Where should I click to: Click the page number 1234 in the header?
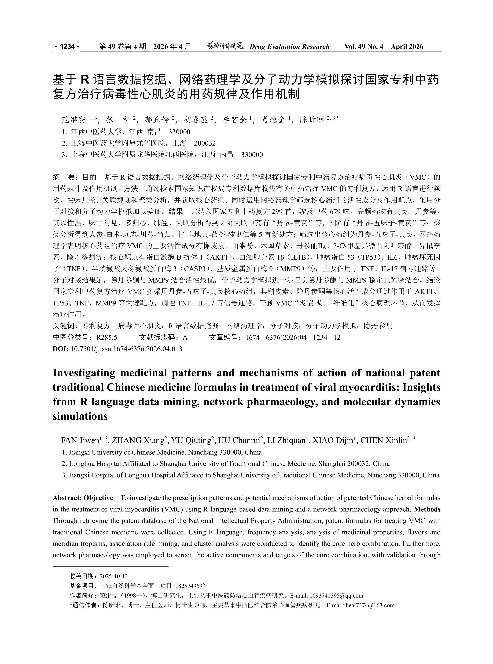[67, 47]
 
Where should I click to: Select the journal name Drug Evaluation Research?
[289, 47]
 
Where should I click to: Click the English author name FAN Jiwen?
[80, 441]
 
